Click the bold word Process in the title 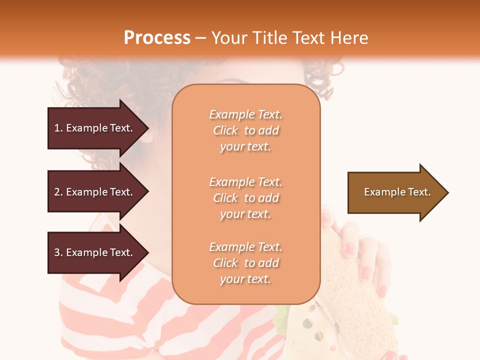pyautogui.click(x=157, y=38)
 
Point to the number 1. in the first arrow pyautogui.click(x=58, y=128)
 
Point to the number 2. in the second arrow pyautogui.click(x=58, y=192)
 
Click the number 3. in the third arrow pyautogui.click(x=58, y=252)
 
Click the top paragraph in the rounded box pyautogui.click(x=245, y=130)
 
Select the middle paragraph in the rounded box pyautogui.click(x=245, y=198)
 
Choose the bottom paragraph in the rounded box pyautogui.click(x=245, y=263)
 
